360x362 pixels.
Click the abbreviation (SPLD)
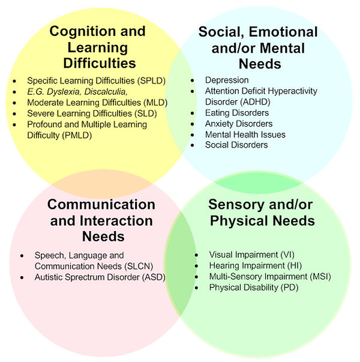point(151,81)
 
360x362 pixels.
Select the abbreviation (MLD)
point(155,103)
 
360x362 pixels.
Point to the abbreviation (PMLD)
point(77,135)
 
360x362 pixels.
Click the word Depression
point(227,80)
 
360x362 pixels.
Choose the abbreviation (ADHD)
point(256,102)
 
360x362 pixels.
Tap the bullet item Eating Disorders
point(237,113)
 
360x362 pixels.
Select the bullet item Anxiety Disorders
point(239,124)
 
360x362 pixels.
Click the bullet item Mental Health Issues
point(245,134)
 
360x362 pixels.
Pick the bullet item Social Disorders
point(236,145)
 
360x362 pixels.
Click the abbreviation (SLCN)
point(139,266)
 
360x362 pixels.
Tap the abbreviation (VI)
point(287,255)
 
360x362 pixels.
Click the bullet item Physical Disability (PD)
point(254,288)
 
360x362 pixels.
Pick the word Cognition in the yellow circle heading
point(83,31)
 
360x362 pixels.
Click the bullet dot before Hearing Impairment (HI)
point(196,266)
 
